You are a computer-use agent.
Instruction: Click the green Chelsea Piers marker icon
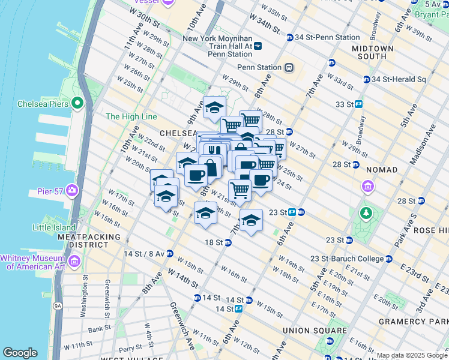(77, 104)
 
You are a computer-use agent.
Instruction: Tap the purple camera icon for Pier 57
(73, 190)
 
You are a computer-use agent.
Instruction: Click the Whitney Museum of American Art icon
(74, 260)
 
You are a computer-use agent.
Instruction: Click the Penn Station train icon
(289, 67)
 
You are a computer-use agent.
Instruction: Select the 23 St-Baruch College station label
(347, 259)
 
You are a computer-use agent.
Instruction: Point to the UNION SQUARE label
(318, 331)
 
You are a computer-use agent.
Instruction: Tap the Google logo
(20, 352)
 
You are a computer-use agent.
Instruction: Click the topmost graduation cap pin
(214, 108)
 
